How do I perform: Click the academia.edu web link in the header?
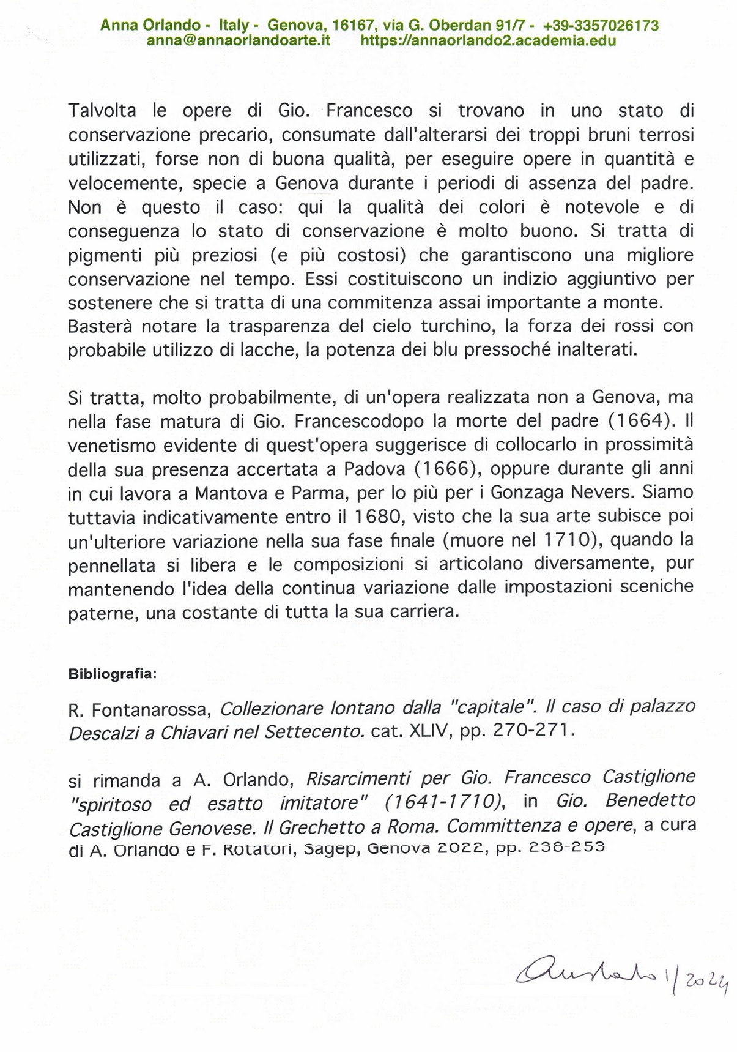pyautogui.click(x=489, y=41)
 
